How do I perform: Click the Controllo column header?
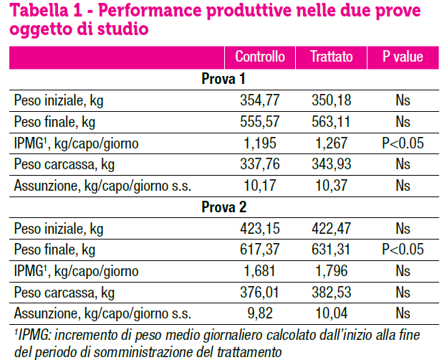[260, 57]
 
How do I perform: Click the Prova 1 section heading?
[224, 79]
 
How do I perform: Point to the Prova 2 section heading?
[224, 208]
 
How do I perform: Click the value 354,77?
[261, 100]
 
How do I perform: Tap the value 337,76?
[261, 165]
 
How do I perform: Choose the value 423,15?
[261, 229]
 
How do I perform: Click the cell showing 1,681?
[261, 272]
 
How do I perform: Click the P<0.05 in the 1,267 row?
[403, 143]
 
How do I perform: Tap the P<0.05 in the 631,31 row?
[403, 250]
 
